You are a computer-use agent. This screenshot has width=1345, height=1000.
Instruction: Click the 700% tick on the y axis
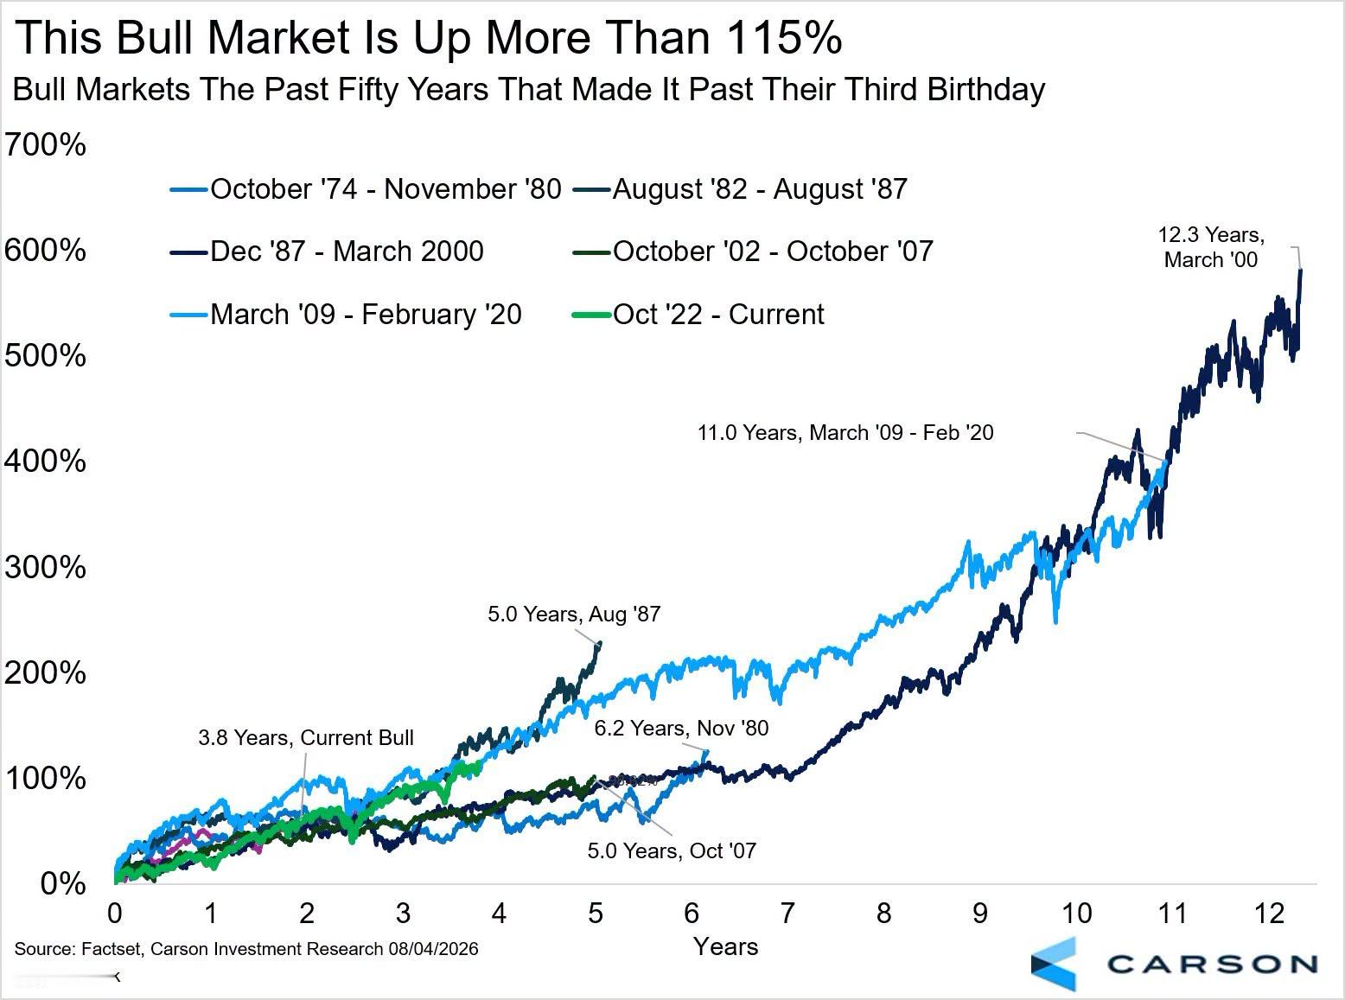pos(46,145)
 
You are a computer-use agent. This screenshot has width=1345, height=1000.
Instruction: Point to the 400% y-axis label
pos(46,461)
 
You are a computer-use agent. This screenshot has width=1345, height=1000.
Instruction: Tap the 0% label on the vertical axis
pos(63,883)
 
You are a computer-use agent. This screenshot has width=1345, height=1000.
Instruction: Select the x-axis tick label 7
pos(787,913)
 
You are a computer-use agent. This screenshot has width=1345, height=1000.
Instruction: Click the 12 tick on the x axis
pos(1268,913)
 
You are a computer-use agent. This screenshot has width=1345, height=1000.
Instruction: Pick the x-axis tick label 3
pos(403,913)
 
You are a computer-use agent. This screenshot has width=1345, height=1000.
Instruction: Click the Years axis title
pos(726,946)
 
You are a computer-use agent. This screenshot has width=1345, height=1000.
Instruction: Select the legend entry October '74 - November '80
pos(366,189)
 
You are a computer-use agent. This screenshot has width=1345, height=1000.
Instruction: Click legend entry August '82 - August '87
pos(740,189)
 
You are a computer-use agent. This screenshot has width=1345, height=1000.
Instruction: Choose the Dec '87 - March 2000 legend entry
pos(327,251)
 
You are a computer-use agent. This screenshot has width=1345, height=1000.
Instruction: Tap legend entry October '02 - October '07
pos(753,251)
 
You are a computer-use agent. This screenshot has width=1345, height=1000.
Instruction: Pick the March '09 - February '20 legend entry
pos(346,314)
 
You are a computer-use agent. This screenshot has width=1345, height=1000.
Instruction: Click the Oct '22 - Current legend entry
pos(698,314)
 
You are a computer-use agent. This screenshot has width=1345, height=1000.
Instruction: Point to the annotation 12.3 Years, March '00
pos(1211,247)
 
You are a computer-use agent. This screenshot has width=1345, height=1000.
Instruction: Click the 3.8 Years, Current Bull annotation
pos(306,737)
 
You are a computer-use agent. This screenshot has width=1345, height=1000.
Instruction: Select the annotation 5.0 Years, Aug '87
pos(574,614)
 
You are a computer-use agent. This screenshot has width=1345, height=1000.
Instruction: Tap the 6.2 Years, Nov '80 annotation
pos(681,728)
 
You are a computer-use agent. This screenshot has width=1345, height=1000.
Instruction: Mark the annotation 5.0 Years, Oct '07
pos(672,850)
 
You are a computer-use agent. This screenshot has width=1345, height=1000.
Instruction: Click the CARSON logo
pos(1175,965)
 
